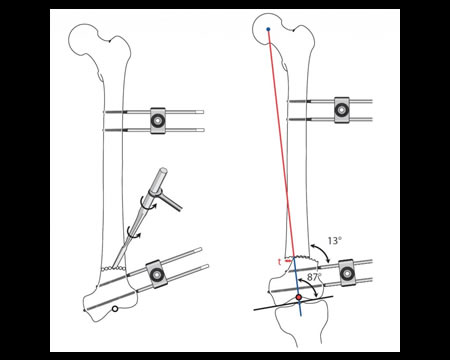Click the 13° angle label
point(335,241)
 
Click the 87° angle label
point(314,277)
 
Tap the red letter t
point(279,262)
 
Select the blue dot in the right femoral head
point(268,29)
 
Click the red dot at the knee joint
point(299,297)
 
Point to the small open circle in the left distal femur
point(115,309)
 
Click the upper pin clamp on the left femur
point(158,121)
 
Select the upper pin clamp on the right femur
point(342,110)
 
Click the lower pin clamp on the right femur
point(347,273)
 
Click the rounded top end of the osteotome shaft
point(163,171)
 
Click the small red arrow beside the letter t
point(287,261)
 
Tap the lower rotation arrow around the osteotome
point(133,232)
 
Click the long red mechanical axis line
point(281,143)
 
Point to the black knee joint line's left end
point(254,310)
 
